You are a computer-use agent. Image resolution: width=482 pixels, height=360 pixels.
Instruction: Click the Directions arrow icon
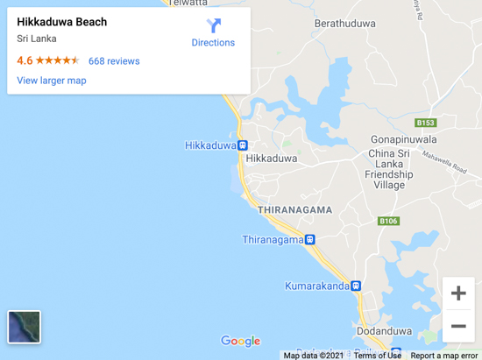(x=214, y=25)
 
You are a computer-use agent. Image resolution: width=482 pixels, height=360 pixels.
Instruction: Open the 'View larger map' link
(x=52, y=81)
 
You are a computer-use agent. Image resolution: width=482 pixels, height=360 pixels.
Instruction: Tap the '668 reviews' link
(x=114, y=61)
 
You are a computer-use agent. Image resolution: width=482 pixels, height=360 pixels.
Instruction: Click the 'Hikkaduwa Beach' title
(x=62, y=22)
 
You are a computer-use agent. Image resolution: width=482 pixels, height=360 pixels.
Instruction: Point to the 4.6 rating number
(x=25, y=61)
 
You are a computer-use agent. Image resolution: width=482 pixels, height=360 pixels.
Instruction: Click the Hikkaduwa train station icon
(x=243, y=145)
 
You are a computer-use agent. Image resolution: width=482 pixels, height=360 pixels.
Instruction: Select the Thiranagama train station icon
(x=309, y=239)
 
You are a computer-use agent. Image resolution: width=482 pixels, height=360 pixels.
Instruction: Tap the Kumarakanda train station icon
(x=356, y=286)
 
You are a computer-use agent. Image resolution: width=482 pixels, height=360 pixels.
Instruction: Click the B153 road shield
(x=426, y=124)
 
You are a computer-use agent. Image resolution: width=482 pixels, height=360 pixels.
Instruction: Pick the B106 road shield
(x=388, y=222)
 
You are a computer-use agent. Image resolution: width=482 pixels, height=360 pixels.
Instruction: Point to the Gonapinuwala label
(x=402, y=139)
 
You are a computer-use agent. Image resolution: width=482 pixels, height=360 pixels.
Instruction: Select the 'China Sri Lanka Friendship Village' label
(x=389, y=169)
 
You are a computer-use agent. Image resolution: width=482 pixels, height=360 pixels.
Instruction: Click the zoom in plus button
(x=458, y=293)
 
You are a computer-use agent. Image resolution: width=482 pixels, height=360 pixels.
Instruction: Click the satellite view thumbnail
(x=25, y=327)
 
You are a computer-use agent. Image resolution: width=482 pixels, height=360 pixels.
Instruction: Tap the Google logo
(x=240, y=341)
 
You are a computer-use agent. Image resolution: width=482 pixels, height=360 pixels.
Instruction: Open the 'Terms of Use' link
(x=378, y=355)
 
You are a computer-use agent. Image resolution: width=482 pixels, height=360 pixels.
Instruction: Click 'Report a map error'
(x=444, y=355)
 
